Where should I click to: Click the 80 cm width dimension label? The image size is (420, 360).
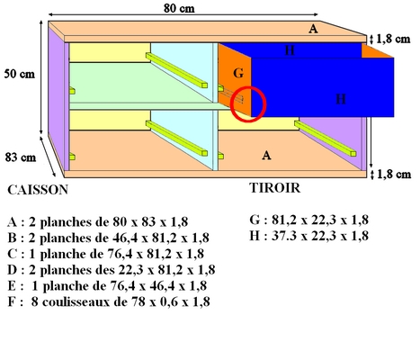point(179,8)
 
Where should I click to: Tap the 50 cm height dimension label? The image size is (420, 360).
point(20,74)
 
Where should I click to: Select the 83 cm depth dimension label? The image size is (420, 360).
point(21,157)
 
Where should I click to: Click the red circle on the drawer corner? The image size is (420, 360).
point(248,104)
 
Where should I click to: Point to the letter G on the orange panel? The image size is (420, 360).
point(238,73)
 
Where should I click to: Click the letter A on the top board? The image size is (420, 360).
point(313,29)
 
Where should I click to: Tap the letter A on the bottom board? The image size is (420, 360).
point(266,156)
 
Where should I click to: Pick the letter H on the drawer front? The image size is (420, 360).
point(341,99)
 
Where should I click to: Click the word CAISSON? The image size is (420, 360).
point(38,190)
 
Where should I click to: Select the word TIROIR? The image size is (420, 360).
point(274,188)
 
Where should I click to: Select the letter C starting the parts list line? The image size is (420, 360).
point(13,254)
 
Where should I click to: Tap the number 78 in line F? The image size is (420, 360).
point(139,301)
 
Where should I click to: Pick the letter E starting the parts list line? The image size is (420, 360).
point(12,285)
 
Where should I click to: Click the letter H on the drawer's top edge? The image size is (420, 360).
point(290,50)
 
